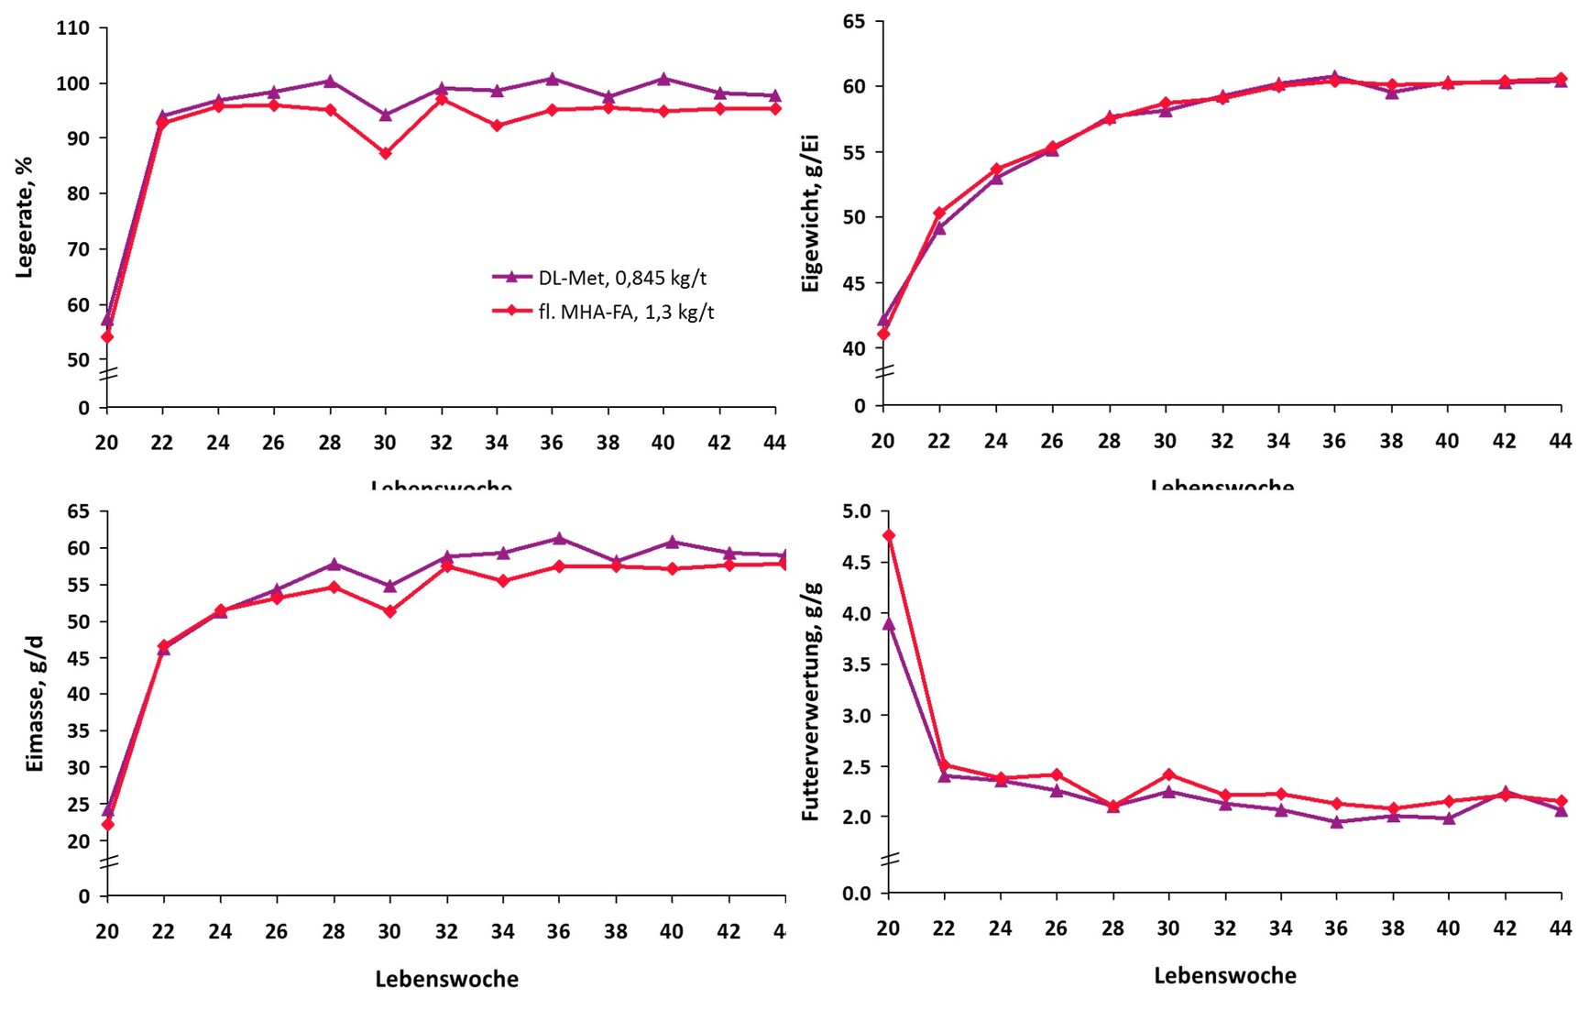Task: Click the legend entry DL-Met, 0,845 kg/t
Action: (622, 278)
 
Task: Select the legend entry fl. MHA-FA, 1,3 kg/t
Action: (626, 312)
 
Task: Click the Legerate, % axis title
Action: (25, 217)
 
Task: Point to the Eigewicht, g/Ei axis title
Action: (810, 213)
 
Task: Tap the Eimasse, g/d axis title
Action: (35, 703)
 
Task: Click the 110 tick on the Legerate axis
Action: (73, 28)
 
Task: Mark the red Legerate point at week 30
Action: (386, 153)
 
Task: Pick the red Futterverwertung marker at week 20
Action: (889, 535)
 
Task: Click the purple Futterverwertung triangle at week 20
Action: (889, 624)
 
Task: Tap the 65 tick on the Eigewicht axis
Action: (856, 21)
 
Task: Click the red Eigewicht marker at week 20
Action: (883, 335)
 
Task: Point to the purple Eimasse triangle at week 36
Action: (560, 539)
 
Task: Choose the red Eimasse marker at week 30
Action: (390, 611)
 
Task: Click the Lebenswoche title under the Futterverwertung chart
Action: (1224, 976)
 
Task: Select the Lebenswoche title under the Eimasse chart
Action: (446, 980)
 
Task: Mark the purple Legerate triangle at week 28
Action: (330, 82)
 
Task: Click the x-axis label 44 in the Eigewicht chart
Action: (1560, 442)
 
